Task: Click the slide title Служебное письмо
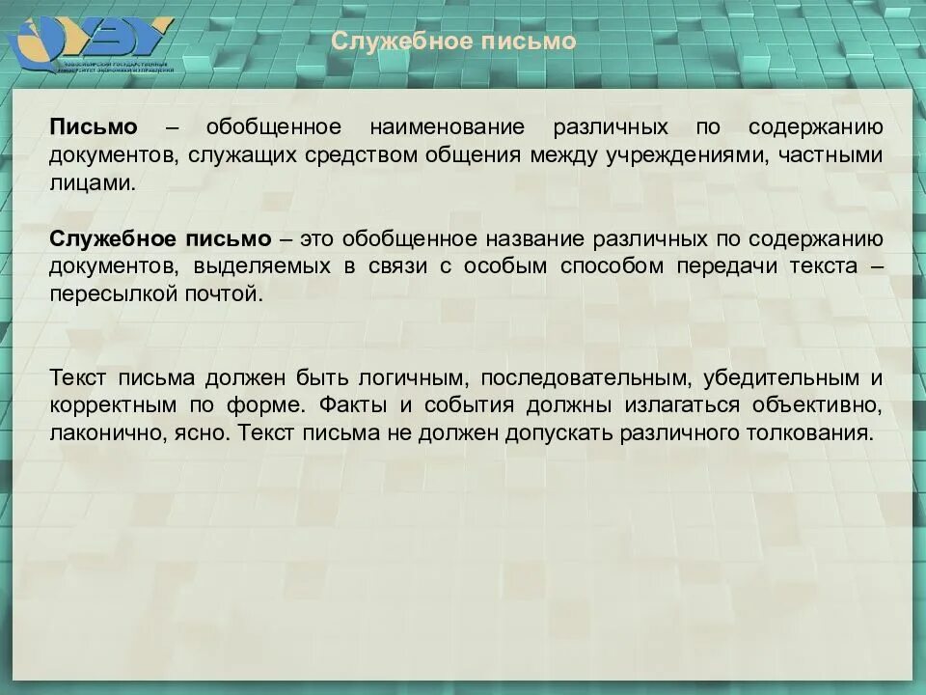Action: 453,42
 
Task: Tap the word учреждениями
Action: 701,154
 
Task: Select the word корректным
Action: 111,404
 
